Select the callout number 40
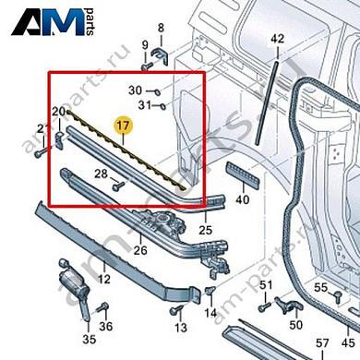(243, 198)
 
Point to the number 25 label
(206, 228)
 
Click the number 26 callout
(140, 247)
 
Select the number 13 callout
(181, 329)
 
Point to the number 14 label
(211, 314)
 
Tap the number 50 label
(295, 326)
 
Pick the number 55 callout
(320, 288)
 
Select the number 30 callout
(135, 90)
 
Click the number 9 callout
(144, 45)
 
